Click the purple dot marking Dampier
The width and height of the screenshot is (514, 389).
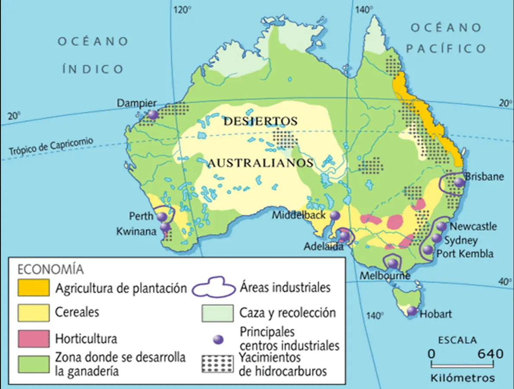coord(153,115)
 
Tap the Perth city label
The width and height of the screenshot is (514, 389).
coord(141,216)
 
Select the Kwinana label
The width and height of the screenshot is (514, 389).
coord(136,232)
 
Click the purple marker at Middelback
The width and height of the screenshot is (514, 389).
coord(335,215)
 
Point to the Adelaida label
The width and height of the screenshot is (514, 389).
coord(324,247)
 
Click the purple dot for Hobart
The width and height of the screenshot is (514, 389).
coord(412,310)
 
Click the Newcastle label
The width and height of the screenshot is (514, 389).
coord(473,226)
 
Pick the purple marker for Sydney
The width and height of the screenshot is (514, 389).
coord(437,238)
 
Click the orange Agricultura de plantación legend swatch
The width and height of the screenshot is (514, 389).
coord(33,288)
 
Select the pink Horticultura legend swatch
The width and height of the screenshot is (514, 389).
coord(33,338)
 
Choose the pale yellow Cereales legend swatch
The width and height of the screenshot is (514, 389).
coord(33,312)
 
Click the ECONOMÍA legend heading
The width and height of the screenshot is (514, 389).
coord(51,269)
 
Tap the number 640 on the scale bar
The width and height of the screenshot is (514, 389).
coord(490,354)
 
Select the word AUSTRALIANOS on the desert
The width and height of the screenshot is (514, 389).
coord(260,163)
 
